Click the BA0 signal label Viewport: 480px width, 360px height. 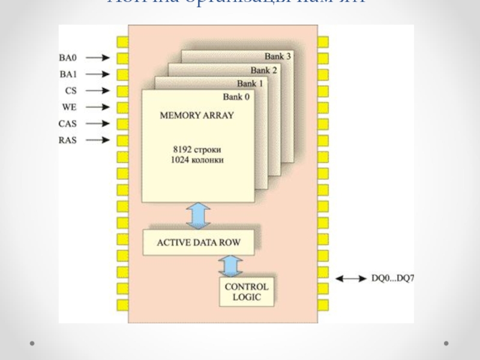(67, 58)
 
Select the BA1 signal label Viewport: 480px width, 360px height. (67, 75)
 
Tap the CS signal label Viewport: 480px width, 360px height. (71, 91)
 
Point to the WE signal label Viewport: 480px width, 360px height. (70, 107)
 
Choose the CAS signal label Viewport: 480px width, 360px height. (67, 124)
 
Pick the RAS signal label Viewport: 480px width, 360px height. (67, 140)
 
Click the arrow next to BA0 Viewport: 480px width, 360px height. (98, 58)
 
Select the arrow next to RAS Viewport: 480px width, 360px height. (98, 140)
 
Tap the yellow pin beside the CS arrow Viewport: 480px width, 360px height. (122, 91)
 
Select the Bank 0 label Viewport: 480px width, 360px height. (236, 97)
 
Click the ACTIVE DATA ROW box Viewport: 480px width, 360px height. (199, 242)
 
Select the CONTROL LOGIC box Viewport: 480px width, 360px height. (247, 292)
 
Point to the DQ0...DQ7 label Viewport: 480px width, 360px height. (393, 279)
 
